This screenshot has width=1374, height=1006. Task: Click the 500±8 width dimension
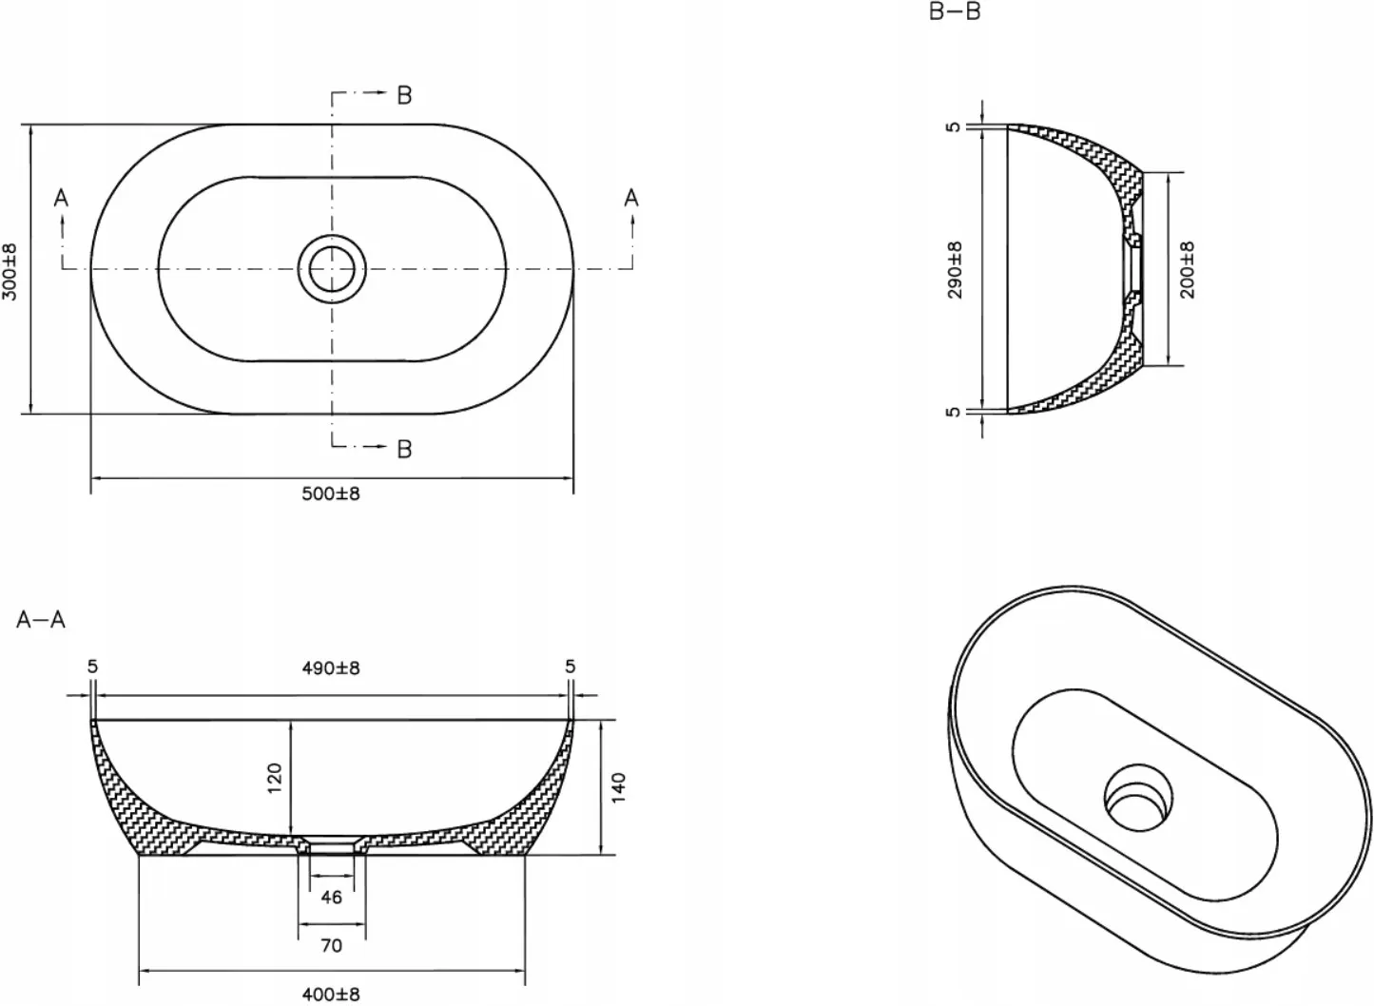click(331, 493)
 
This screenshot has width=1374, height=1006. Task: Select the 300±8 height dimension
click(10, 272)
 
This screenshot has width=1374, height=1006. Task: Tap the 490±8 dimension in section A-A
click(331, 668)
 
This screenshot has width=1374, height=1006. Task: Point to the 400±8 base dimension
click(331, 995)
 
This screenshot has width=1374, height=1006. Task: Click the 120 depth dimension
click(274, 778)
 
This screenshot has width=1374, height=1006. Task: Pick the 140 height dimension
click(618, 787)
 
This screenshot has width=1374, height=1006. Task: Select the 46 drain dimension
click(331, 898)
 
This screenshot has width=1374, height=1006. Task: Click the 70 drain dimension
click(331, 946)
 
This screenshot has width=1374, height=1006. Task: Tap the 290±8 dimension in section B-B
click(955, 270)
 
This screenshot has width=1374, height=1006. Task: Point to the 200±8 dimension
click(1188, 270)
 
